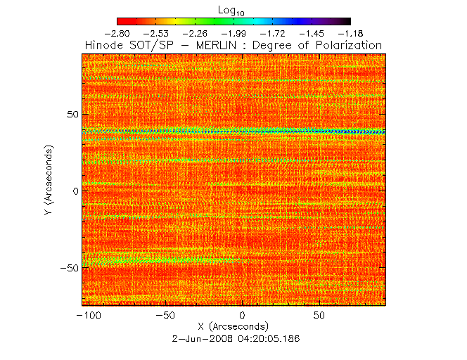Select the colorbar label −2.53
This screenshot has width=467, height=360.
[156, 33]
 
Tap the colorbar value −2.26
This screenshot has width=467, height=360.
[195, 33]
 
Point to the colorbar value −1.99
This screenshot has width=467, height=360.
[233, 33]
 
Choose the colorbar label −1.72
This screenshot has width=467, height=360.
[272, 33]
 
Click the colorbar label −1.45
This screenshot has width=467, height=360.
[311, 33]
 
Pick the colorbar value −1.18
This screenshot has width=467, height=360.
[350, 33]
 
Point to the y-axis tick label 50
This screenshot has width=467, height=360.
[70, 114]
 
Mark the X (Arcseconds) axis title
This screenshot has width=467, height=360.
[233, 327]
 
